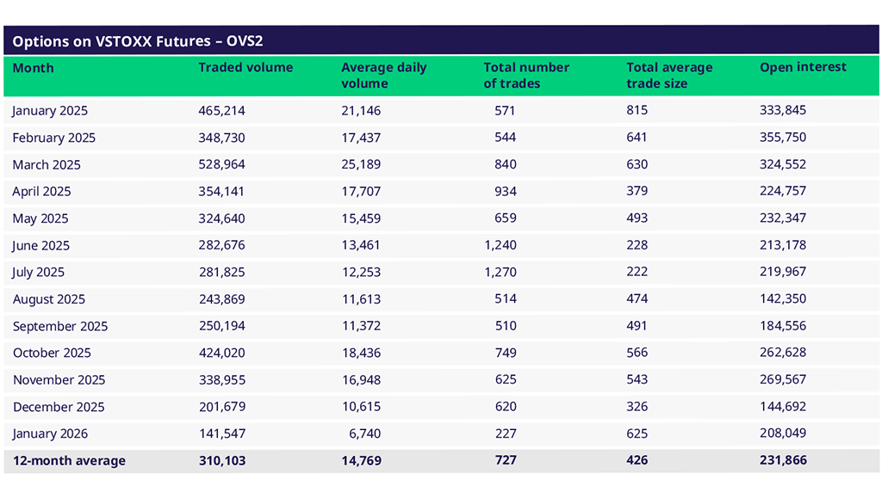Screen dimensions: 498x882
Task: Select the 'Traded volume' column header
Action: [245, 67]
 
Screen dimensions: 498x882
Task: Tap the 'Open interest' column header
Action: [803, 67]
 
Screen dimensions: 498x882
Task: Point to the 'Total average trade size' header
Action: [669, 75]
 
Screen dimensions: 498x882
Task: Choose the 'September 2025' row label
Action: [59, 326]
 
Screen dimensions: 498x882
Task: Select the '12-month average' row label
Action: [69, 461]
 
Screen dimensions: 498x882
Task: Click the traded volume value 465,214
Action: [221, 110]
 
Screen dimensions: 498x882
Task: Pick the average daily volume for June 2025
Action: [361, 245]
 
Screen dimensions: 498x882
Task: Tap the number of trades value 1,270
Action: [500, 272]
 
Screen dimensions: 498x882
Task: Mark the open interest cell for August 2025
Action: [783, 298]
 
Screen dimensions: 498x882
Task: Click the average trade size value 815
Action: [637, 110]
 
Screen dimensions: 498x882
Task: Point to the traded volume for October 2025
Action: [221, 353]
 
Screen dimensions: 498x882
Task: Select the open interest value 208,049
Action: [783, 433]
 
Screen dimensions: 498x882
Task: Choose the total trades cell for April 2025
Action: [506, 191]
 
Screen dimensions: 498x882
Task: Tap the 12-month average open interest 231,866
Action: [783, 461]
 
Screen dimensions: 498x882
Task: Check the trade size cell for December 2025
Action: [637, 407]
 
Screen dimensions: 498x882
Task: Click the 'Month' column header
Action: [33, 67]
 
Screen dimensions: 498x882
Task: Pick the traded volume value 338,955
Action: [221, 379]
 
